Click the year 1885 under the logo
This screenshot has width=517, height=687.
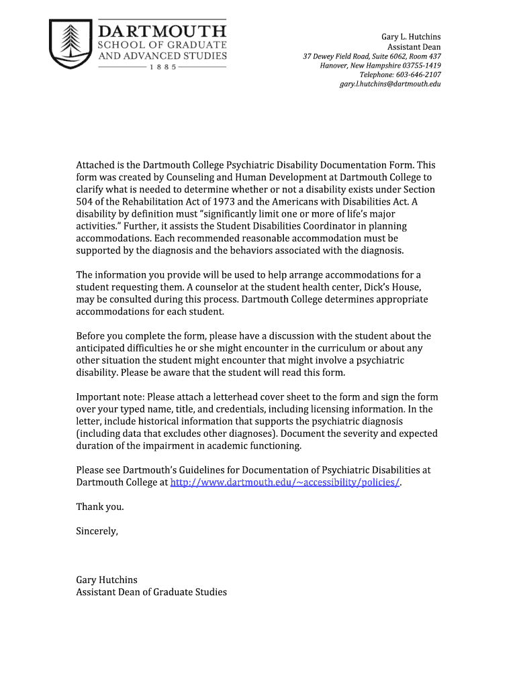pyautogui.click(x=163, y=68)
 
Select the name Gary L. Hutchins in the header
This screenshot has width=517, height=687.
pyautogui.click(x=411, y=36)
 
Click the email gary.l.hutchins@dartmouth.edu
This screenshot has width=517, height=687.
pyautogui.click(x=390, y=85)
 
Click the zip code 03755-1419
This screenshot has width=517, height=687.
pyautogui.click(x=418, y=66)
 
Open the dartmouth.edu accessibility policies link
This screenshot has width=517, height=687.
pyautogui.click(x=285, y=483)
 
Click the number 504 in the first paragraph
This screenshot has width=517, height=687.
pyautogui.click(x=85, y=201)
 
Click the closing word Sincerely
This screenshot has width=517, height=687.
pyautogui.click(x=97, y=531)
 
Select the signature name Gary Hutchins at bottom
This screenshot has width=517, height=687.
pyautogui.click(x=107, y=580)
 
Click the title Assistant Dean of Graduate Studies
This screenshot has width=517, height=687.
pyautogui.click(x=151, y=592)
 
